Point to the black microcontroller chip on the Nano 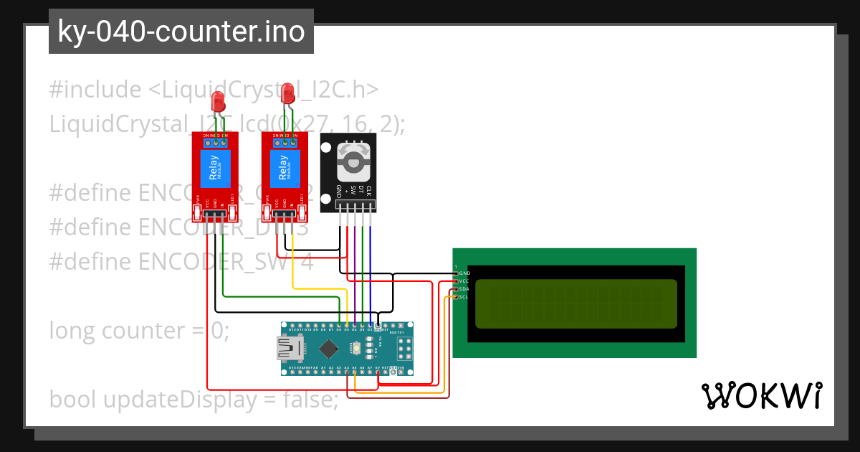click(328, 349)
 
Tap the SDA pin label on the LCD click(464, 288)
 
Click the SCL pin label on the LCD click(464, 296)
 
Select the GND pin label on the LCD click(464, 273)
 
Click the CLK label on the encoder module click(369, 191)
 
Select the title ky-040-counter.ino click(181, 32)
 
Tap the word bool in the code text click(74, 400)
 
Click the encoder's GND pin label click(338, 192)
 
